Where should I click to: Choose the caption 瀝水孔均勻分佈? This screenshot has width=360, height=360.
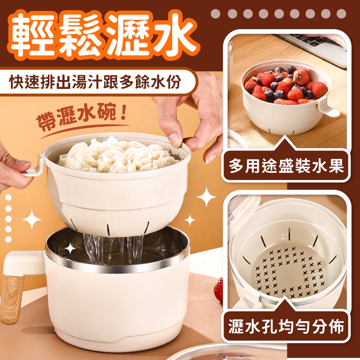pos(286,326)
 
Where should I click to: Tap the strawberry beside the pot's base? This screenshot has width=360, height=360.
pos(219,289)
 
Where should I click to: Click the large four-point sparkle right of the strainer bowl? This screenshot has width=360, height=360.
pos(206,197)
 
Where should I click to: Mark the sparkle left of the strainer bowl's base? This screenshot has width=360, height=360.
pos(32,219)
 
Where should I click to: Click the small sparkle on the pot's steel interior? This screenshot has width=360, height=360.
pos(70,248)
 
